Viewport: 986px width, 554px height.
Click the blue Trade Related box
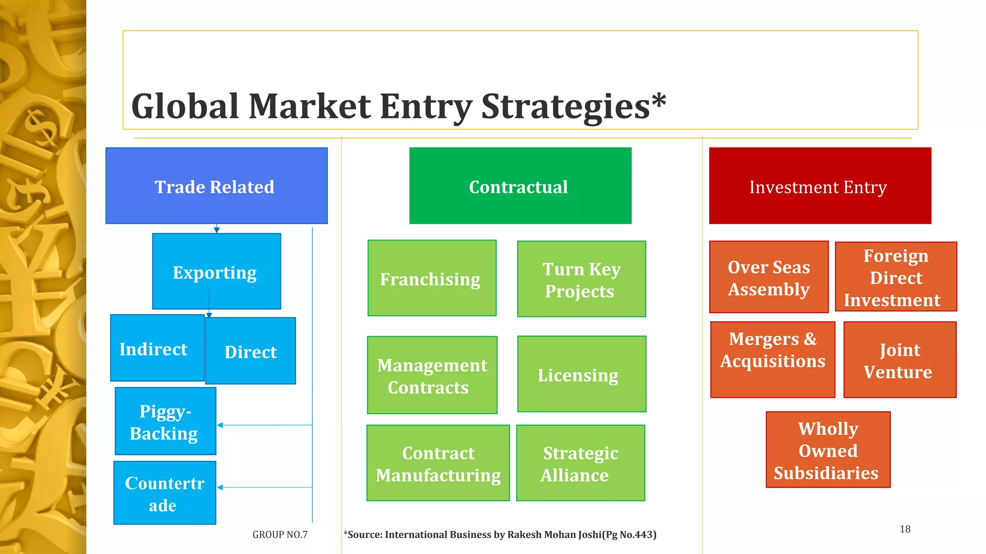(x=216, y=186)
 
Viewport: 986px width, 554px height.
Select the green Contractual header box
(x=520, y=186)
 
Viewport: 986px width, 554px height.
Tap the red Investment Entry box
(x=819, y=186)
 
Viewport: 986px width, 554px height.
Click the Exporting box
(x=216, y=272)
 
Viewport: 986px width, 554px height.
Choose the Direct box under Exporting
(x=250, y=351)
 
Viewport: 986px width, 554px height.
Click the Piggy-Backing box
(x=165, y=421)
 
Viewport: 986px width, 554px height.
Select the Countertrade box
(x=165, y=493)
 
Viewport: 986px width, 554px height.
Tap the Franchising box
(x=431, y=278)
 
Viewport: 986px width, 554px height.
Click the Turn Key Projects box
(x=581, y=279)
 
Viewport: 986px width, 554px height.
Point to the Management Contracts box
(x=432, y=375)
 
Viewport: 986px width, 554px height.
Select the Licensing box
(x=581, y=374)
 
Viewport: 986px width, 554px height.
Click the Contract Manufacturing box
(x=438, y=463)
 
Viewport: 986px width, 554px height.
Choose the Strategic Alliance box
(x=580, y=463)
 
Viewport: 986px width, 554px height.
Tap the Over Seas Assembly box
(x=768, y=277)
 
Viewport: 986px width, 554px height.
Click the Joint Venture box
(x=899, y=360)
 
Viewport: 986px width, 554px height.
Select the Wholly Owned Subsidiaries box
(x=828, y=450)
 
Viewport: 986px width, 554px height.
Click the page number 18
(x=905, y=529)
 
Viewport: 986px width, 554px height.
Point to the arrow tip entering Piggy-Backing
(x=219, y=425)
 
